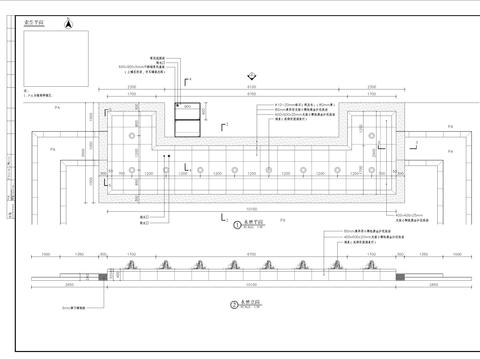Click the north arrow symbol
pyautogui.click(x=67, y=22)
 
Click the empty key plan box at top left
pyautogui.click(x=48, y=55)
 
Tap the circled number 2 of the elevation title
pyautogui.click(x=234, y=302)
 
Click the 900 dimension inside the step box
pyautogui.click(x=186, y=106)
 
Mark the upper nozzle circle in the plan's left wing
pyautogui.click(x=132, y=134)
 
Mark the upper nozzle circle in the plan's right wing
pyautogui.click(x=371, y=134)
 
